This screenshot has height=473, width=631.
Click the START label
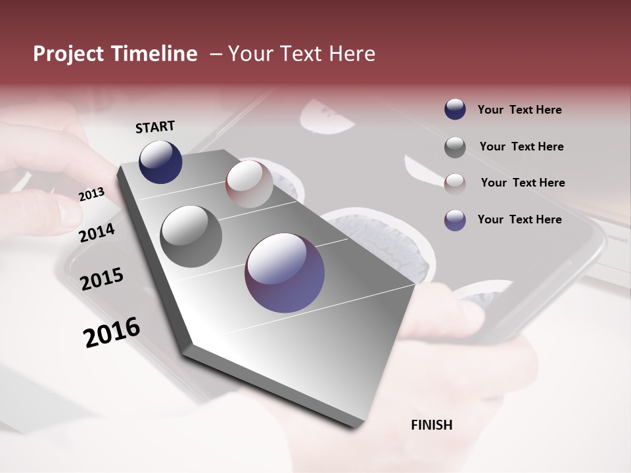(155, 127)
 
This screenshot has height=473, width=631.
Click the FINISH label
(431, 425)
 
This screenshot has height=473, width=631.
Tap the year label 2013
(91, 194)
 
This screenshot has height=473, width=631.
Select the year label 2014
(97, 233)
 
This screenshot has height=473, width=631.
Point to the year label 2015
(101, 279)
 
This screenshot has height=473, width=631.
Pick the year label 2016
(112, 332)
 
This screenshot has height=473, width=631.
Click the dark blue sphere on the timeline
(160, 162)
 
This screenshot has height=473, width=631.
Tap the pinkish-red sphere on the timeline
(249, 184)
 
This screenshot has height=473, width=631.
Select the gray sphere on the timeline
(191, 236)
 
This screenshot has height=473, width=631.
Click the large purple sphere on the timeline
(285, 273)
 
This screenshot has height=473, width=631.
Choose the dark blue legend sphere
(455, 109)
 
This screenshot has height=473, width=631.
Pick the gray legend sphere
(455, 147)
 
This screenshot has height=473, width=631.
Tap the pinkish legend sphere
(455, 183)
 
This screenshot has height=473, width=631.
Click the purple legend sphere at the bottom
(455, 220)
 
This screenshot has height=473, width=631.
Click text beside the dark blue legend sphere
(519, 110)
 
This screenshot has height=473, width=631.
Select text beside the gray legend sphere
(521, 146)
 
